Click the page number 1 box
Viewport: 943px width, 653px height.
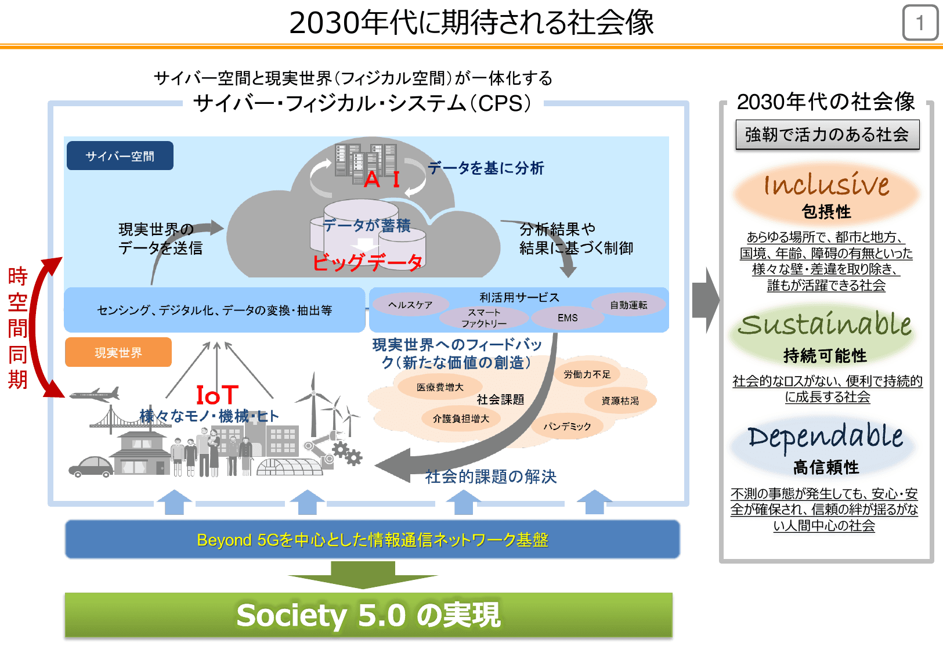click(x=920, y=23)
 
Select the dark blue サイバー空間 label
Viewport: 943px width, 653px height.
click(x=120, y=156)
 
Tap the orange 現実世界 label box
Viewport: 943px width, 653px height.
click(x=118, y=352)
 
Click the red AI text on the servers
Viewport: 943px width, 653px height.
click(x=382, y=179)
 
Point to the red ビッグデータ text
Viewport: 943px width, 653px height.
click(x=367, y=262)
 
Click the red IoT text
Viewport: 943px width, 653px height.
click(x=217, y=395)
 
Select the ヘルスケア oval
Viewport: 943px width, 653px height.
click(x=410, y=305)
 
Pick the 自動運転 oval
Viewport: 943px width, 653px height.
click(x=628, y=305)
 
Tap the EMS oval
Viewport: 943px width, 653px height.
click(x=567, y=318)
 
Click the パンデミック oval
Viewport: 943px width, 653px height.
click(x=567, y=426)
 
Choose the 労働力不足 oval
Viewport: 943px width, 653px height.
click(x=587, y=374)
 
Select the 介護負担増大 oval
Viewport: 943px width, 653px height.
click(x=461, y=419)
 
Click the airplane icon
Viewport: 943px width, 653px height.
click(x=95, y=395)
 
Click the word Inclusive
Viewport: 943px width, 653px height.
click(x=826, y=185)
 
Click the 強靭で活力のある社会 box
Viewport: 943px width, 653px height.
click(x=827, y=135)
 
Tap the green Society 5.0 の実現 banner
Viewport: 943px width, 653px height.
click(x=368, y=615)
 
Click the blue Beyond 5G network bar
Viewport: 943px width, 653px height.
click(x=372, y=540)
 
